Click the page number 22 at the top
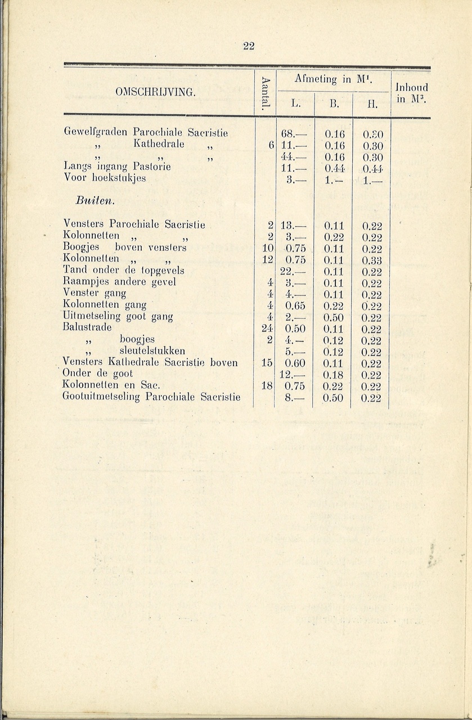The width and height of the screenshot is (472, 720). click(249, 46)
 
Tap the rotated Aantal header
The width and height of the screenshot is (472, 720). click(266, 92)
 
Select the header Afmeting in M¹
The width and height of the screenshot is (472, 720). click(332, 80)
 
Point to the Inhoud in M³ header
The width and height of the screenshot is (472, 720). click(411, 93)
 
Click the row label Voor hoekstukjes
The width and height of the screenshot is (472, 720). click(105, 178)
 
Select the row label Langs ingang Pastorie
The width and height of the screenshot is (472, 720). click(117, 166)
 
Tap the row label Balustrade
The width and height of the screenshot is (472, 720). click(87, 327)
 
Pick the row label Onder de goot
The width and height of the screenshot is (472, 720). click(98, 373)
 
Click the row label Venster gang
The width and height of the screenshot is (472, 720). click(95, 293)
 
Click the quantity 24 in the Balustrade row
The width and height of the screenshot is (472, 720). click(267, 328)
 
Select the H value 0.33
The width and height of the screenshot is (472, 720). click(372, 260)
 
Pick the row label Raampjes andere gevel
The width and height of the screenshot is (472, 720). click(119, 282)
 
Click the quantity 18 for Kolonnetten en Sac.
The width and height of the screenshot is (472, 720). click(267, 386)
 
